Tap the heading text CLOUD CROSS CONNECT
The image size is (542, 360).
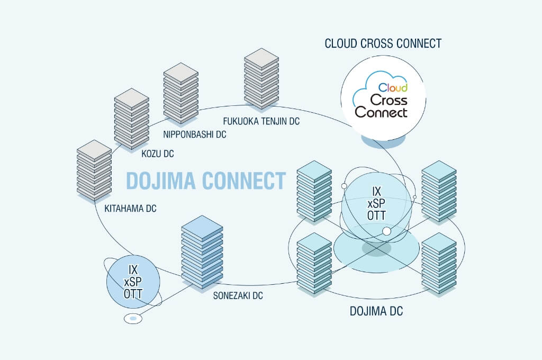point(383,43)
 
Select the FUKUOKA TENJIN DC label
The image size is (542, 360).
point(261,121)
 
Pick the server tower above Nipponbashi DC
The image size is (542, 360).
point(180,93)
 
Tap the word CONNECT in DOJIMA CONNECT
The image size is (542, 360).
point(242,181)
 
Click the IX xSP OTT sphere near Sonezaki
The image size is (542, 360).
point(133,282)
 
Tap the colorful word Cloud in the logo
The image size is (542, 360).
point(393,87)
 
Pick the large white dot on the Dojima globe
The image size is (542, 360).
point(386,231)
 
